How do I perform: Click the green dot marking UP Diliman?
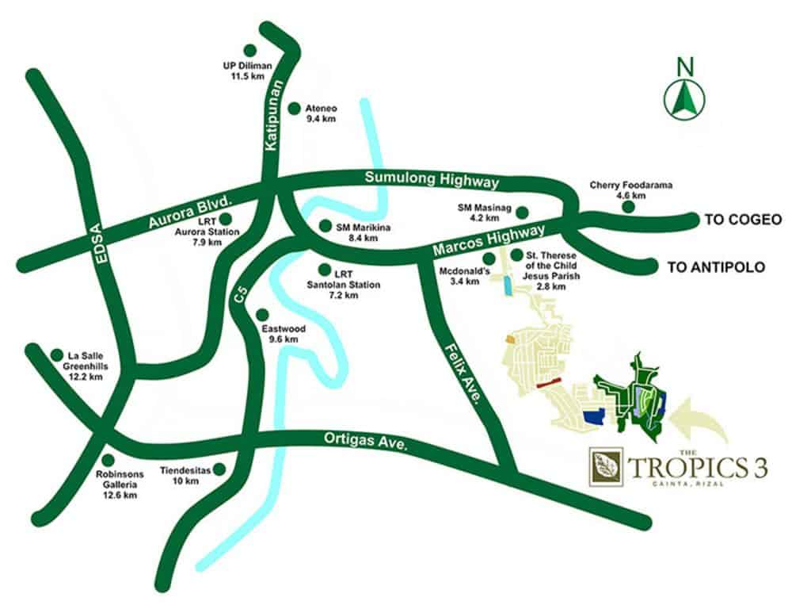250,50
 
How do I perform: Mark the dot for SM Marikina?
324,225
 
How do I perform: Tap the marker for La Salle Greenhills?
56,355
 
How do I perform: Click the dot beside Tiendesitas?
219,469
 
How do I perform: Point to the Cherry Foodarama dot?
628,207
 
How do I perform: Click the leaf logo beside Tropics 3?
606,467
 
